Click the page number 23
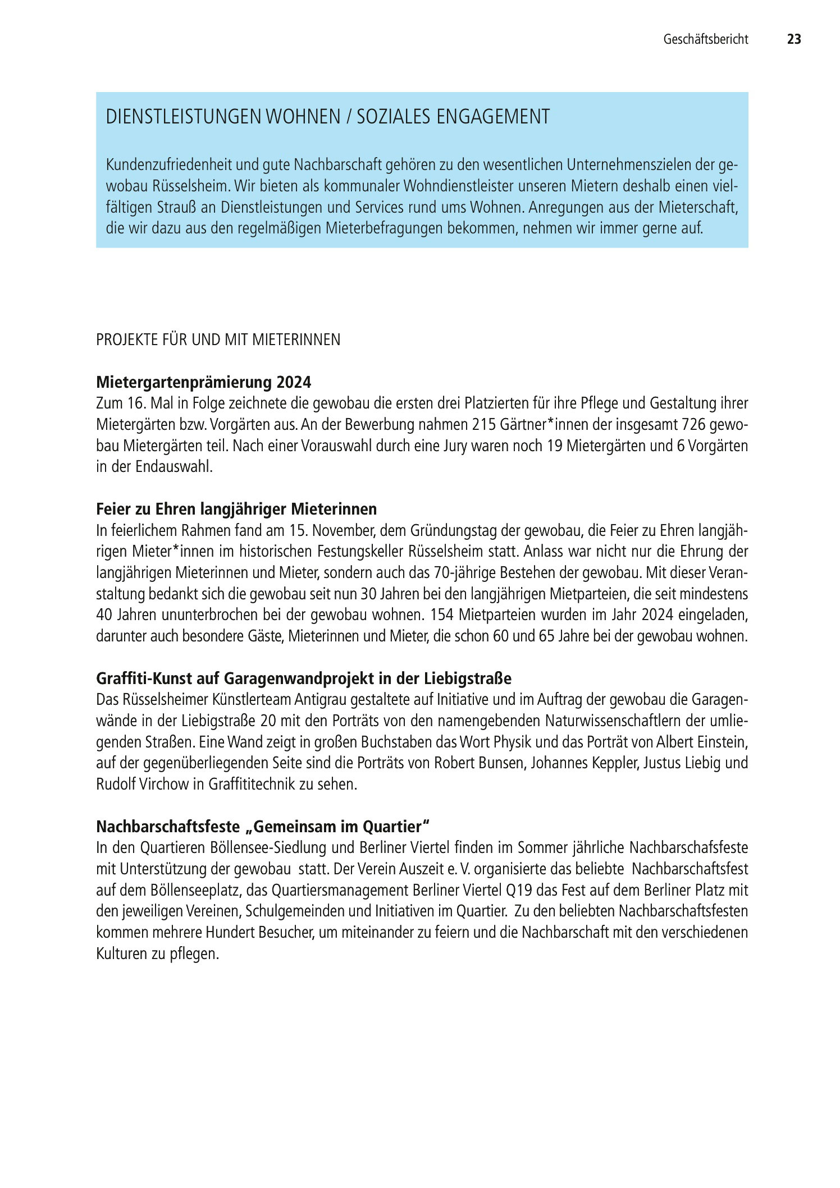pos(793,39)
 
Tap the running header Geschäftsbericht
pos(705,39)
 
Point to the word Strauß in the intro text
pos(176,208)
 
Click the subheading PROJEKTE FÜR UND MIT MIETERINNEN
pos(218,340)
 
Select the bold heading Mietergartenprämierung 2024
pos(203,383)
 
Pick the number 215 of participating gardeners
pos(485,425)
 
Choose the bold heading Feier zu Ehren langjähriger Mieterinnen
pos(236,510)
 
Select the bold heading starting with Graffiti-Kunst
pos(304,679)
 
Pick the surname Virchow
pos(163,785)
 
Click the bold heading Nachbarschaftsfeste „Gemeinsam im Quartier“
pos(263,827)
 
